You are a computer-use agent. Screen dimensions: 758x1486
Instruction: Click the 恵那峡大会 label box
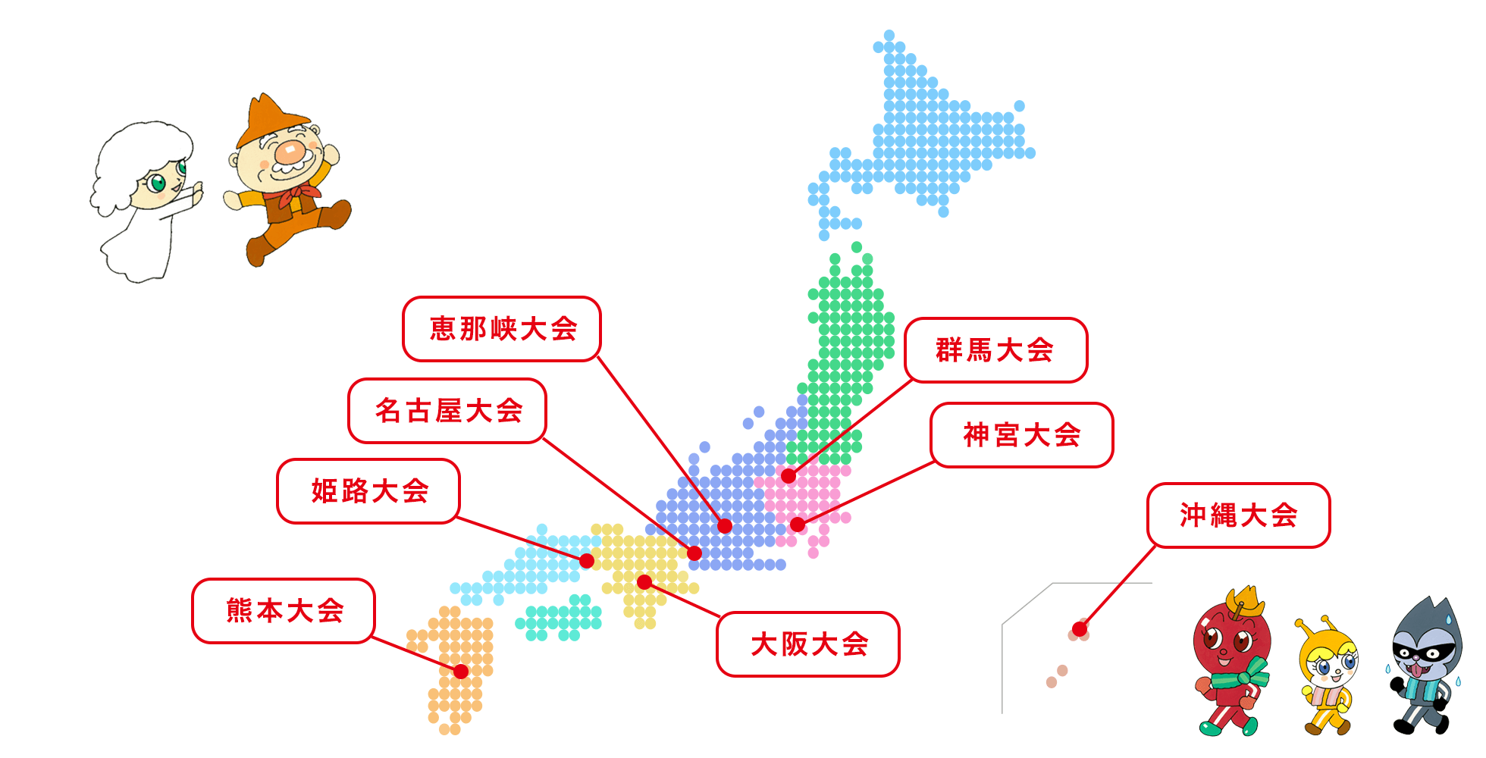coord(501,329)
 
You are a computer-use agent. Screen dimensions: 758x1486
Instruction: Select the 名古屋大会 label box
coord(447,411)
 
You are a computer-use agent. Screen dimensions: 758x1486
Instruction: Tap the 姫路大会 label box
coord(368,491)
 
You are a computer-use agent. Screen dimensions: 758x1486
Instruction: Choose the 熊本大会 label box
coord(284,611)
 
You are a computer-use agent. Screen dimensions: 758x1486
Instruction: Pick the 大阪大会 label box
coord(808,644)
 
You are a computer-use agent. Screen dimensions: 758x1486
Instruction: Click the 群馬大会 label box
coord(995,350)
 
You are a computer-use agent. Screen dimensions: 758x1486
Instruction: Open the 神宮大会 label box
coord(1021,435)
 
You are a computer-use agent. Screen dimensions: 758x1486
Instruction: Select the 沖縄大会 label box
coord(1238,515)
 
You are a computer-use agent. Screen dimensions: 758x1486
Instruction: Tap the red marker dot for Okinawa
coord(1080,629)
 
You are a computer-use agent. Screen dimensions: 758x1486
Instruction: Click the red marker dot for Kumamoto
coord(461,671)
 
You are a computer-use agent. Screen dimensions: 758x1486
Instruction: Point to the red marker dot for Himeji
coord(587,561)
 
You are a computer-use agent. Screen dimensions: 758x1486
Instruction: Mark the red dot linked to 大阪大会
coord(644,582)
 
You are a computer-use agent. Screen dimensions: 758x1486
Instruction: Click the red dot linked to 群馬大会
coord(788,476)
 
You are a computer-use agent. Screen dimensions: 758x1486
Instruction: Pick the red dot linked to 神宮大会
coord(798,525)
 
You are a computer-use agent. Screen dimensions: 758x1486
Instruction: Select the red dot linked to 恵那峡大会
coord(725,526)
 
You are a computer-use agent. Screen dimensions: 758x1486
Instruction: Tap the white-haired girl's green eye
coord(158,183)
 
